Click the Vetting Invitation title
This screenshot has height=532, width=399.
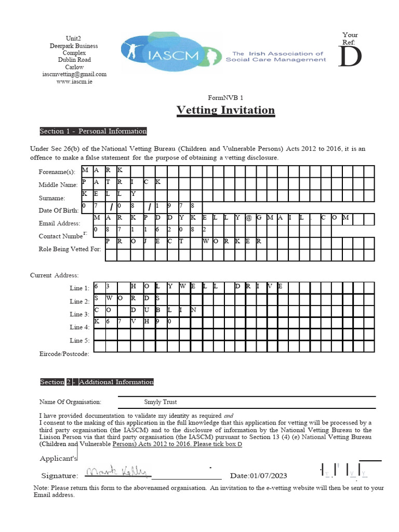click(x=225, y=110)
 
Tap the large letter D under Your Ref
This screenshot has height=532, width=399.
click(x=350, y=57)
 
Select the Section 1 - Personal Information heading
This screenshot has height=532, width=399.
click(x=94, y=131)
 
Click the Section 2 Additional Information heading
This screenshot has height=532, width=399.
click(x=97, y=382)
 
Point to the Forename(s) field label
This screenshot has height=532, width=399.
click(x=57, y=172)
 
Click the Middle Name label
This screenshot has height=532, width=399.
click(x=58, y=185)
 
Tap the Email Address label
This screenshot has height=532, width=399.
click(x=59, y=223)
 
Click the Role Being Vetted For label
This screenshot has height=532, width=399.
click(x=70, y=249)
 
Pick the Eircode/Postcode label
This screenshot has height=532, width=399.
click(x=64, y=354)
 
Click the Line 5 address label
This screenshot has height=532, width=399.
click(x=79, y=341)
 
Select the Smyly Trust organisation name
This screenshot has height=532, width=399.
click(x=160, y=402)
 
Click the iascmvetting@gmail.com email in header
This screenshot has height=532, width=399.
click(x=74, y=74)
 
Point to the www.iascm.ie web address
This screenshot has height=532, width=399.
click(x=74, y=82)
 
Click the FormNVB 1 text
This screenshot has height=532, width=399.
click(x=225, y=98)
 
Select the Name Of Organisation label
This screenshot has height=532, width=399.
click(x=70, y=402)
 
